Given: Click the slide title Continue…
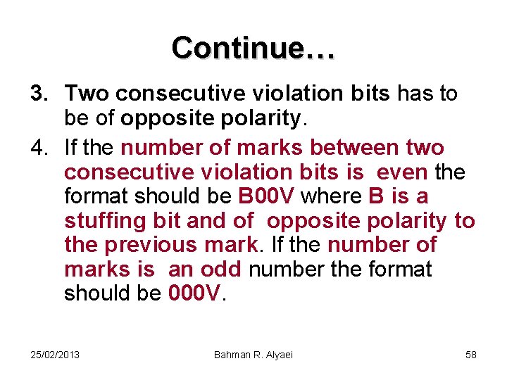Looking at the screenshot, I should (254, 47).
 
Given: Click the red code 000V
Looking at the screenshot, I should (195, 293).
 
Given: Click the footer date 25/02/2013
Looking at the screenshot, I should (55, 354).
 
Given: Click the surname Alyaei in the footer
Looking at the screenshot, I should (279, 354).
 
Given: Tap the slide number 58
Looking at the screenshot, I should (471, 354).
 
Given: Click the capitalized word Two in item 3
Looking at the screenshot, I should (88, 93).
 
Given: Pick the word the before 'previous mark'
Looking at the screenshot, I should (81, 245).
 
